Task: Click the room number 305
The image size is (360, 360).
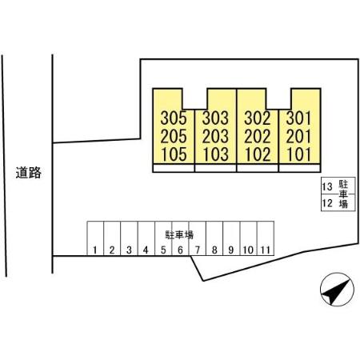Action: coord(174,118)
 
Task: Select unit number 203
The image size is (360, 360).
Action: coord(215,136)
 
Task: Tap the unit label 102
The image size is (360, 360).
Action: coord(258,154)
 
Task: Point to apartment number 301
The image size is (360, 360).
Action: coord(298,118)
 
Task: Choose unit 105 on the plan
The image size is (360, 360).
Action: coord(174,154)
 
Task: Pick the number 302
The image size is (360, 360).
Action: coord(258,118)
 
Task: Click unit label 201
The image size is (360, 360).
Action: coord(298,136)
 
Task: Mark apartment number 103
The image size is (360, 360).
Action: coord(216,154)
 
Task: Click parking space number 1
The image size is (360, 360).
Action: coord(95,250)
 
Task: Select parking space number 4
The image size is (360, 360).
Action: coord(146,250)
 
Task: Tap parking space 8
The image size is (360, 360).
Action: coord(214,250)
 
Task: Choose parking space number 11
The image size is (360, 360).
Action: coord(266,250)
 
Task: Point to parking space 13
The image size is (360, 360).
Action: coord(327,186)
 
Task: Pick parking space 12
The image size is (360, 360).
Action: coord(327,203)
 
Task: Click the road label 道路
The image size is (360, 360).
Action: coord(29,173)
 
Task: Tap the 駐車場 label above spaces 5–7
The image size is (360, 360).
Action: coord(179,235)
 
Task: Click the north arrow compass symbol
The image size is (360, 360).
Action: coord(337,290)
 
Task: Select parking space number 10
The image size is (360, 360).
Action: coord(248,250)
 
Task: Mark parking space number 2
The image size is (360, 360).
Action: coord(112,250)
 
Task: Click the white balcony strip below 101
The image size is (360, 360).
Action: coord(299,168)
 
